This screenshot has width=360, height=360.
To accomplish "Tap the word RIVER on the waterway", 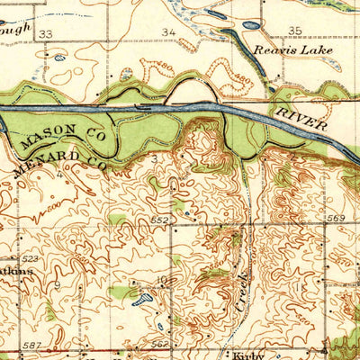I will [303, 119].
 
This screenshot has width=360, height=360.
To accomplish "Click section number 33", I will [46, 33].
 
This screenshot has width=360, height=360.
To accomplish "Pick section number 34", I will [168, 33].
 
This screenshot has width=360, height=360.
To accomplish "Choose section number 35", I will [295, 31].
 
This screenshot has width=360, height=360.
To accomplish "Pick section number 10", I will [164, 282].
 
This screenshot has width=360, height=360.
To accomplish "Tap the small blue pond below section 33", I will [59, 58].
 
